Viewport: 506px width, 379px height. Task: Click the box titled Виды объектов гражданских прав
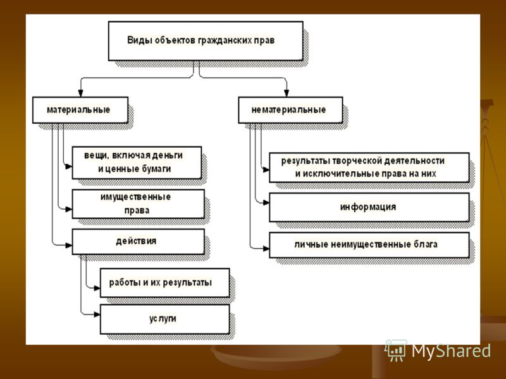(x=206, y=41)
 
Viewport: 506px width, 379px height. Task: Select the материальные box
(x=80, y=110)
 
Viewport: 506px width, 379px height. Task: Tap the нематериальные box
(x=290, y=110)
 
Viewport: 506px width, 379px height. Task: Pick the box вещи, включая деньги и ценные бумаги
(x=137, y=163)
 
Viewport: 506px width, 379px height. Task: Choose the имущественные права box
(x=138, y=204)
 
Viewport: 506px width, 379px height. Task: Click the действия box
(x=138, y=242)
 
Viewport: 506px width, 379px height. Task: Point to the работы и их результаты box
(x=165, y=282)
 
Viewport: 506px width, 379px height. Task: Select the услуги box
(x=165, y=319)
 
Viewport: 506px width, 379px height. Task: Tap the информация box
(x=369, y=207)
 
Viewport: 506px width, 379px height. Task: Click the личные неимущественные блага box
(x=369, y=245)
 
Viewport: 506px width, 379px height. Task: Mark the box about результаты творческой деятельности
(x=369, y=167)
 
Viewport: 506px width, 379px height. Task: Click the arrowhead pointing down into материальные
(x=80, y=93)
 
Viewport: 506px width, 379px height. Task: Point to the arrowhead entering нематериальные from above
(x=287, y=93)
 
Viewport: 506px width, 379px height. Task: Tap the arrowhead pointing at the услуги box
(x=97, y=314)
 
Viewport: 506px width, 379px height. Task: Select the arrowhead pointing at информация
(x=266, y=203)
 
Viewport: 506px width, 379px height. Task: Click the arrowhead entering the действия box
(x=69, y=246)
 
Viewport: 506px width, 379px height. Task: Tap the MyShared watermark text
(x=451, y=351)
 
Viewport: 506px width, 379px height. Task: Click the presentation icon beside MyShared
(x=396, y=350)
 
